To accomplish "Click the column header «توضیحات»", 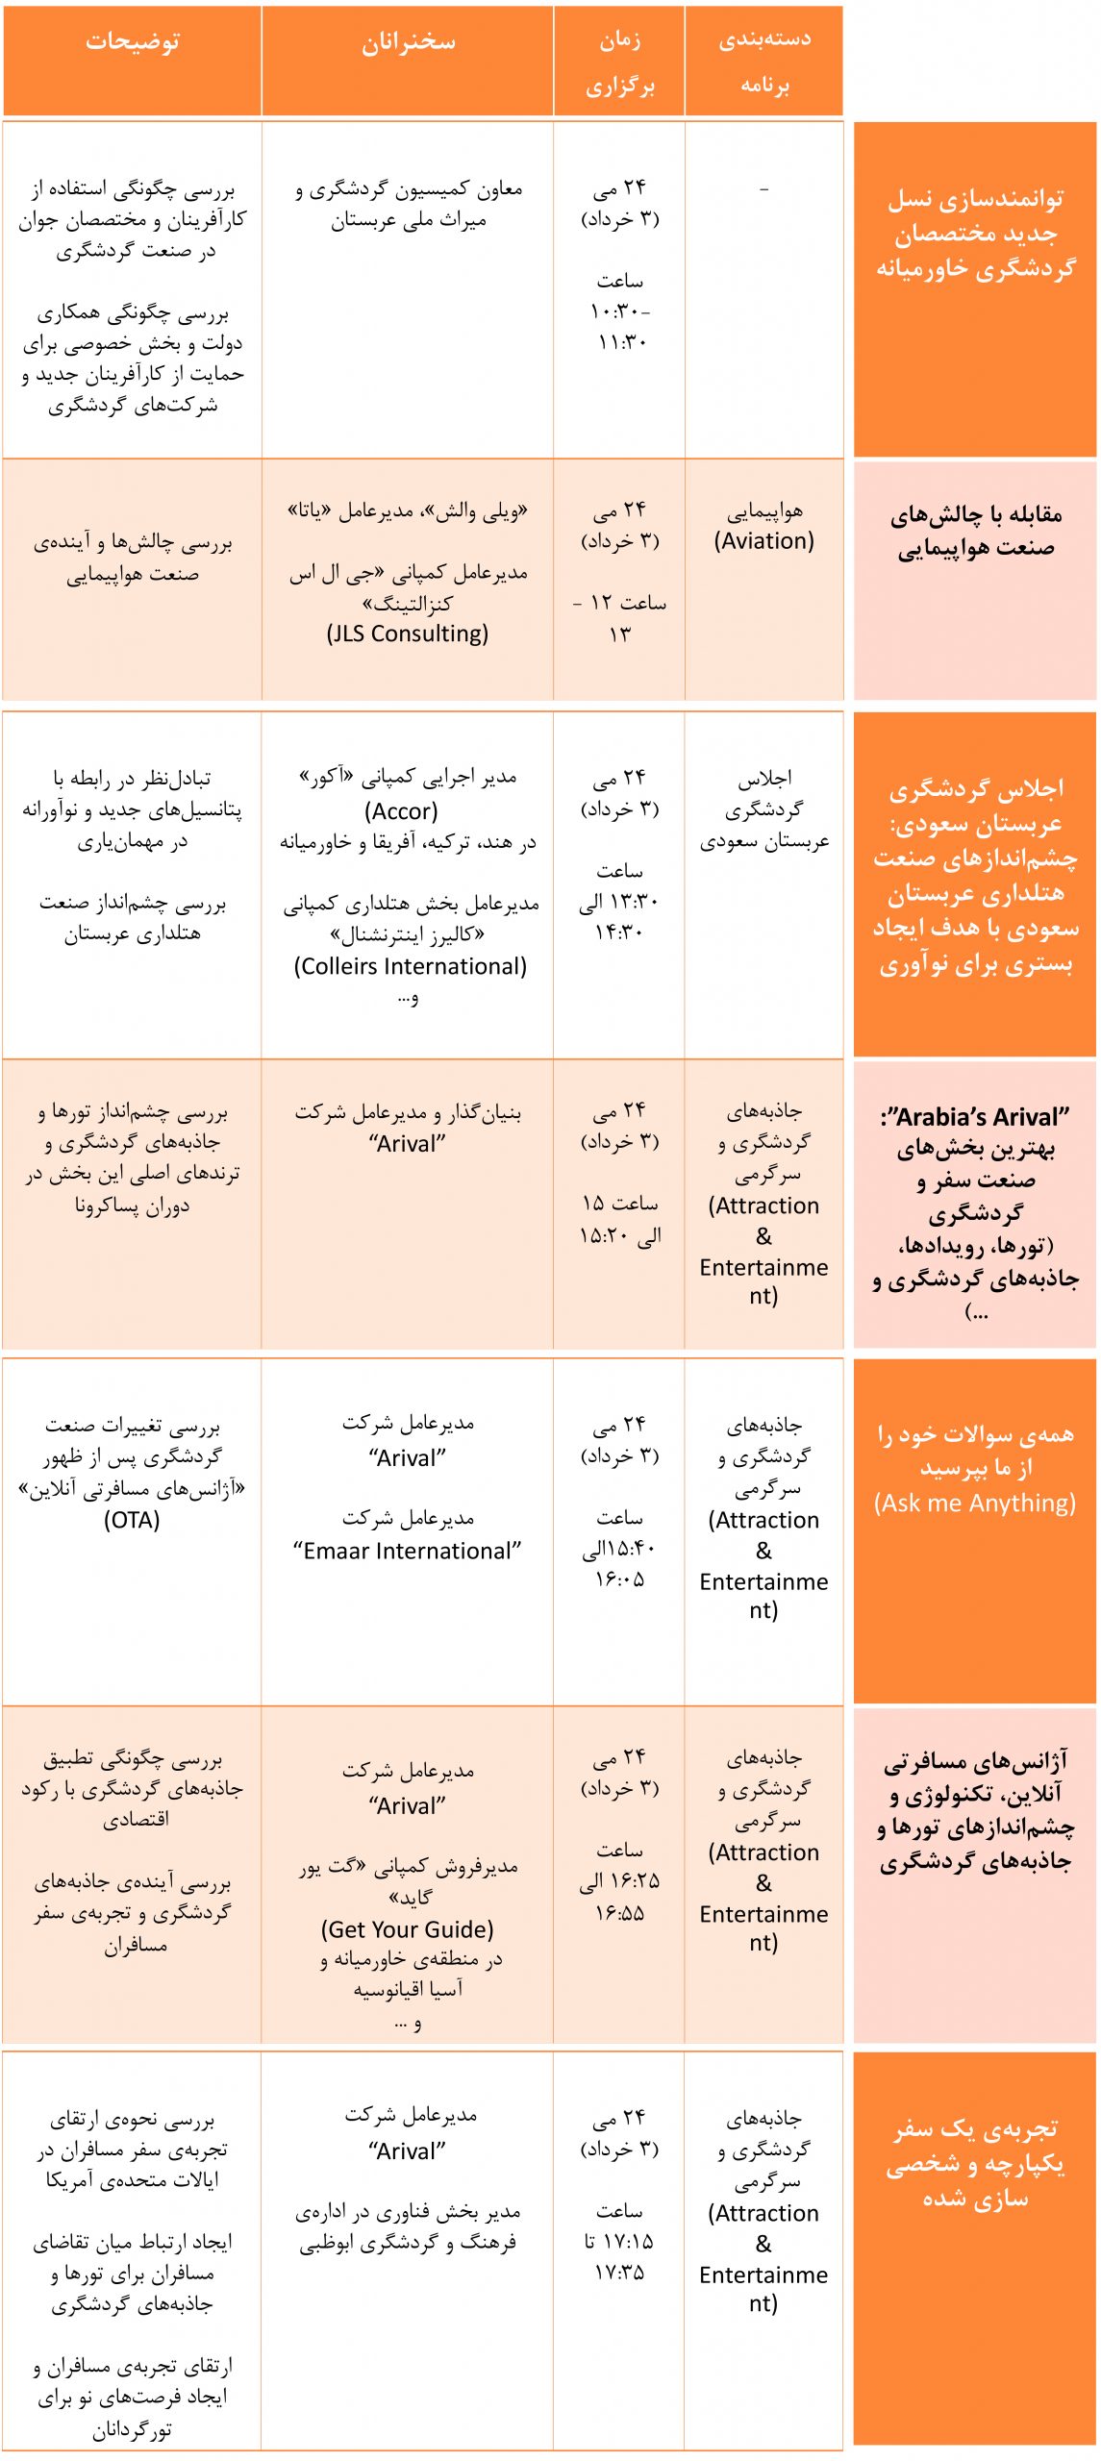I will click(x=132, y=43).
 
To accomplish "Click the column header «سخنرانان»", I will click(x=408, y=43).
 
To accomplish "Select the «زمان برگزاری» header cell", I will click(x=619, y=62).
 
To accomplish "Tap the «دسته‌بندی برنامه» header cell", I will click(x=764, y=62).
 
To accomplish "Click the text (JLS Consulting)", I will click(x=408, y=634).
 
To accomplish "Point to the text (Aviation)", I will click(x=764, y=541).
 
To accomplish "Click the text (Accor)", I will click(x=401, y=811).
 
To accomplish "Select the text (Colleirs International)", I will click(x=411, y=966).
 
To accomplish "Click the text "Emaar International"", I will click(x=408, y=1551).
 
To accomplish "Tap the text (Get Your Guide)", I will click(x=408, y=1929).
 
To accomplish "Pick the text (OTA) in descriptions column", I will click(x=132, y=1520).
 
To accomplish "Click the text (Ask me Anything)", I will click(x=975, y=1504).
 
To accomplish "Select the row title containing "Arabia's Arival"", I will click(x=975, y=1117).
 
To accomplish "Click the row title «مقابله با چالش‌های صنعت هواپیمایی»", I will click(x=975, y=532).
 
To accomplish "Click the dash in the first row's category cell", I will click(x=764, y=189).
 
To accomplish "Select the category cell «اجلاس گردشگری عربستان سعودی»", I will click(x=764, y=809).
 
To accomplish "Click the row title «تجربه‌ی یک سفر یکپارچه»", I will click(x=975, y=2163).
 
